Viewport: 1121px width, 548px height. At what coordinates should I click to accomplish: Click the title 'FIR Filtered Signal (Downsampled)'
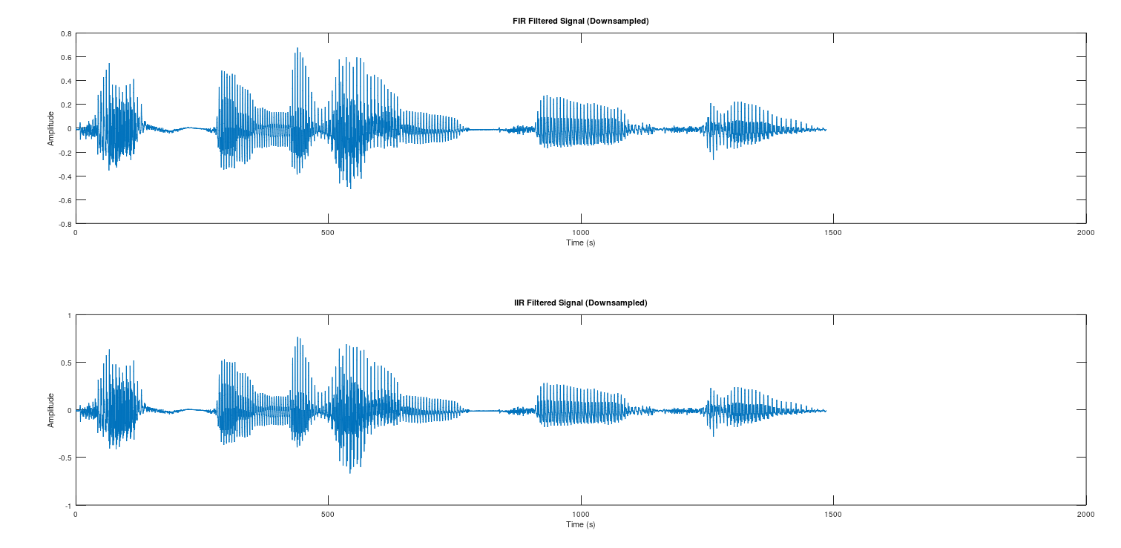pyautogui.click(x=580, y=21)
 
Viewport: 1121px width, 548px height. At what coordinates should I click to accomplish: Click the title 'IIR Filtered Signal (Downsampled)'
pyautogui.click(x=580, y=303)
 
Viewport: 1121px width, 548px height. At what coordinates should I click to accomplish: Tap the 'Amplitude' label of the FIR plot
pyautogui.click(x=51, y=128)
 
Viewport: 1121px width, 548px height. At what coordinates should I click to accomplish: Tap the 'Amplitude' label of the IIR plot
pyautogui.click(x=51, y=410)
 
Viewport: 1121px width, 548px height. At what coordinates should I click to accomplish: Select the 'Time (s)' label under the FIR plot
pyautogui.click(x=580, y=242)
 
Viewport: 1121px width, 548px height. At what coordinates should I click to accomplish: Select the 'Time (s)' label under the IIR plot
pyautogui.click(x=580, y=524)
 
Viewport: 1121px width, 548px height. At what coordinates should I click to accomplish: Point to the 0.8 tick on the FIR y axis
pyautogui.click(x=66, y=33)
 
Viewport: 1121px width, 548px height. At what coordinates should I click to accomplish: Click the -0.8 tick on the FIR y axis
pyautogui.click(x=65, y=223)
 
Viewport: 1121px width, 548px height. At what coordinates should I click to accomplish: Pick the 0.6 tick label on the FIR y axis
pyautogui.click(x=66, y=57)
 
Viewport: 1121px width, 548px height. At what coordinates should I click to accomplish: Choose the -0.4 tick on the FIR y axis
pyautogui.click(x=65, y=176)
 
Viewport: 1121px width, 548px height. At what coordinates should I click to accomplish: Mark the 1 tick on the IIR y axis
pyautogui.click(x=69, y=315)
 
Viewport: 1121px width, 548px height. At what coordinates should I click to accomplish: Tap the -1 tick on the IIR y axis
pyautogui.click(x=68, y=505)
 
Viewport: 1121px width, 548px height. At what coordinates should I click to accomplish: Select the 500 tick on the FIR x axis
pyautogui.click(x=328, y=232)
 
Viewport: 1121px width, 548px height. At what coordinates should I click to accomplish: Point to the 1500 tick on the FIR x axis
pyautogui.click(x=833, y=232)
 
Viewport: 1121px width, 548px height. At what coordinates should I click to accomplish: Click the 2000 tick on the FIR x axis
pyautogui.click(x=1085, y=232)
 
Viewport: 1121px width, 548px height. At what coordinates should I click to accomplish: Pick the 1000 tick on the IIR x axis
pyautogui.click(x=580, y=514)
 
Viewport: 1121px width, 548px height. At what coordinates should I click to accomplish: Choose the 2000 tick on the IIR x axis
pyautogui.click(x=1085, y=514)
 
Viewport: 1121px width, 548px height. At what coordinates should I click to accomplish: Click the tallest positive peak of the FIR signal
pyautogui.click(x=297, y=49)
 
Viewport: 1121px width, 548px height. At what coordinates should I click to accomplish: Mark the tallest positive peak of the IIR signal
pyautogui.click(x=297, y=338)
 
